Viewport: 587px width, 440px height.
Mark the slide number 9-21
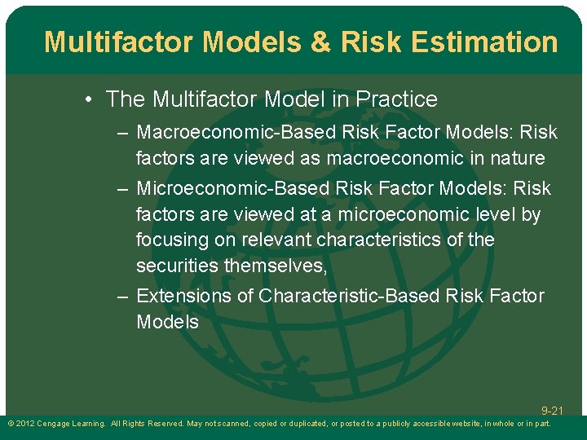point(551,411)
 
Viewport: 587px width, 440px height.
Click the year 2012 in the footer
point(25,424)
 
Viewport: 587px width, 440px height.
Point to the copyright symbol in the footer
point(9,424)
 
